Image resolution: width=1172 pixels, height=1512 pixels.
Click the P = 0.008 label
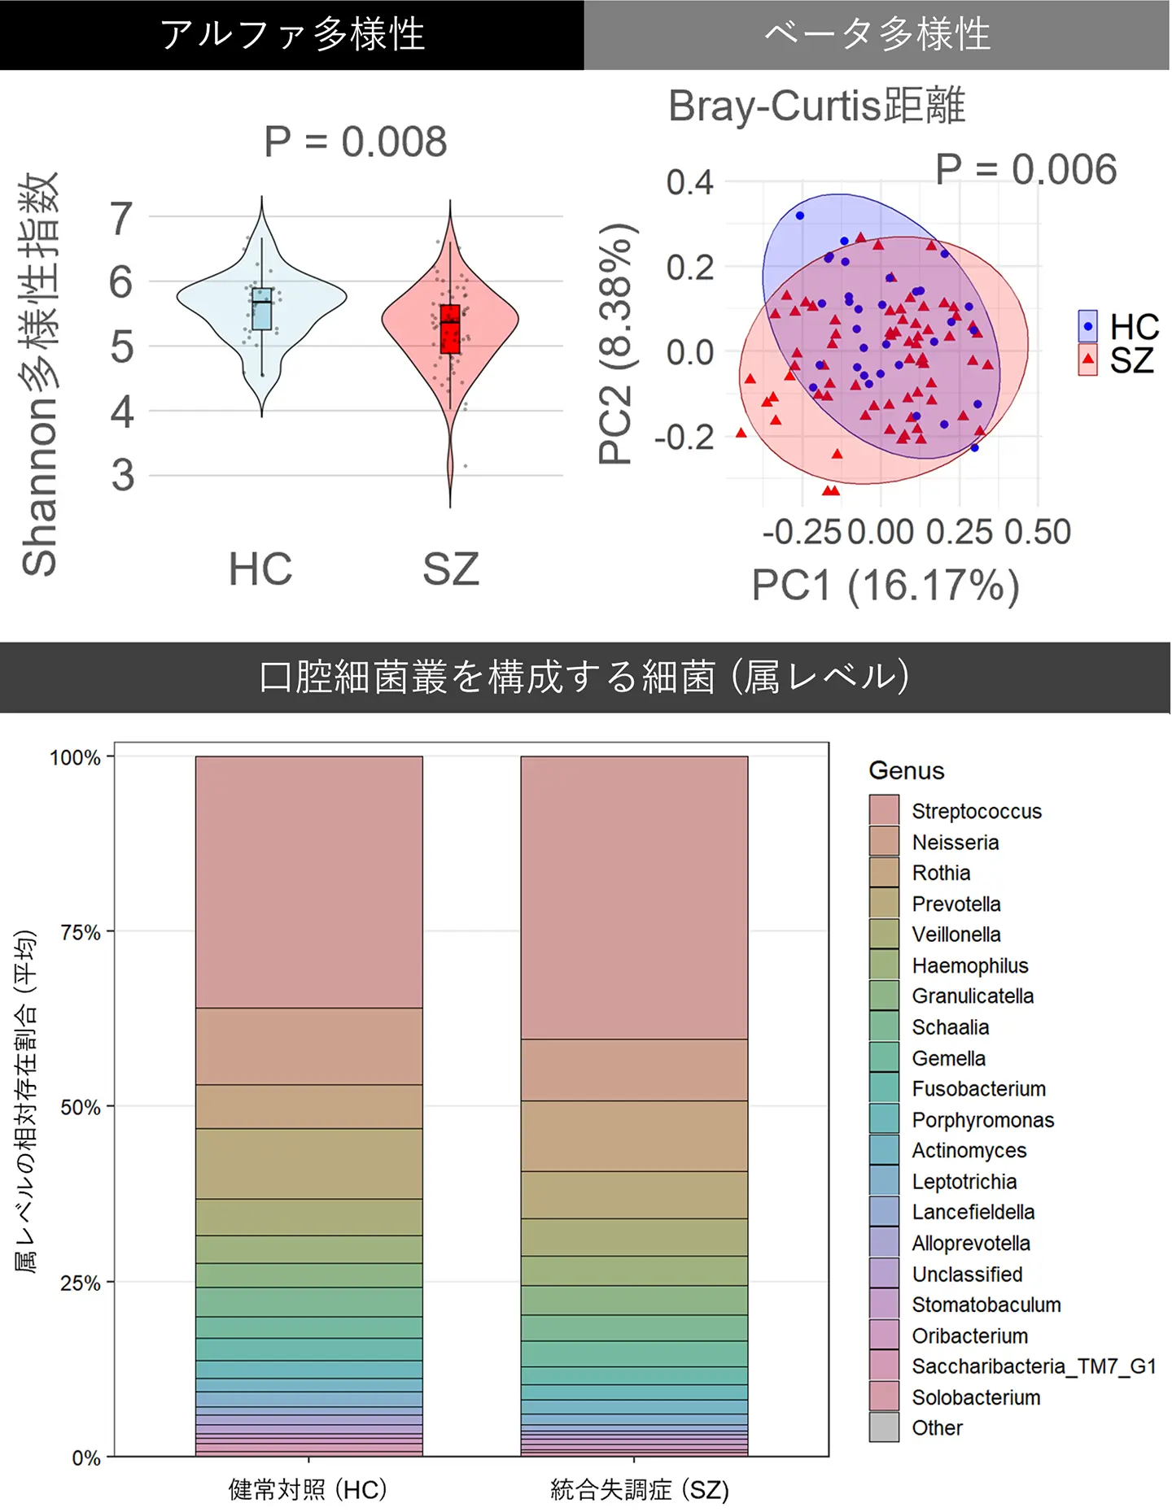(x=356, y=142)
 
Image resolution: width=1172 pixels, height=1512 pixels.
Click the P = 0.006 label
(x=1025, y=170)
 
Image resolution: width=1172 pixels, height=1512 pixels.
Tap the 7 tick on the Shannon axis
(x=122, y=218)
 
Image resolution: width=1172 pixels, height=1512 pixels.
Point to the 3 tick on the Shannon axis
(x=122, y=475)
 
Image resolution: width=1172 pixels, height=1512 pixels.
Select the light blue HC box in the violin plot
(x=261, y=309)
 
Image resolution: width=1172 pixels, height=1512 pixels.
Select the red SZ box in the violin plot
(x=450, y=329)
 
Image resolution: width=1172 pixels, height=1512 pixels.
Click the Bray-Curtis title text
(x=816, y=106)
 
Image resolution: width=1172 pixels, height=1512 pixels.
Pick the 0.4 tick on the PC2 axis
(x=689, y=182)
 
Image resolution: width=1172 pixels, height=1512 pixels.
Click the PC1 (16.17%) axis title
(x=885, y=586)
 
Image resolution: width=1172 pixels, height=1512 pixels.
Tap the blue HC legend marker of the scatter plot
(x=1088, y=326)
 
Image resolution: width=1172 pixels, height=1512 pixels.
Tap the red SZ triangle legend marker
(x=1088, y=359)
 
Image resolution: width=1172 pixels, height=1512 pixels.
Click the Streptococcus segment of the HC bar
(x=308, y=882)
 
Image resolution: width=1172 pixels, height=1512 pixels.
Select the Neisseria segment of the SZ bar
(x=634, y=1070)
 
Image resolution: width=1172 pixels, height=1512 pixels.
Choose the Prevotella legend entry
(x=956, y=904)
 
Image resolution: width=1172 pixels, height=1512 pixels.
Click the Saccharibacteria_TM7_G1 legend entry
(x=1033, y=1366)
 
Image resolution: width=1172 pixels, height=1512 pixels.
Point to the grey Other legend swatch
(x=884, y=1427)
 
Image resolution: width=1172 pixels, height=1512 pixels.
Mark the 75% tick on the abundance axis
(x=81, y=932)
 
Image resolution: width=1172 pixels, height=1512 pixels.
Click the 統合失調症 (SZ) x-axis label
(x=639, y=1490)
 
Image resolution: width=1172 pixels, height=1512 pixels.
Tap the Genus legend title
(x=906, y=770)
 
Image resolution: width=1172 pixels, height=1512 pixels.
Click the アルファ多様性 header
(x=292, y=35)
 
